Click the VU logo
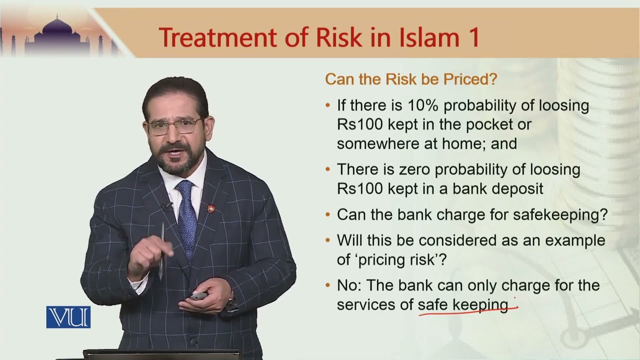pyautogui.click(x=68, y=317)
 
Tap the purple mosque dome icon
pyautogui.click(x=56, y=31)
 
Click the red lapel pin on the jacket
pyautogui.click(x=211, y=206)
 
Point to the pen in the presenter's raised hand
pyautogui.click(x=161, y=250)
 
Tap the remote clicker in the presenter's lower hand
pyautogui.click(x=198, y=295)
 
